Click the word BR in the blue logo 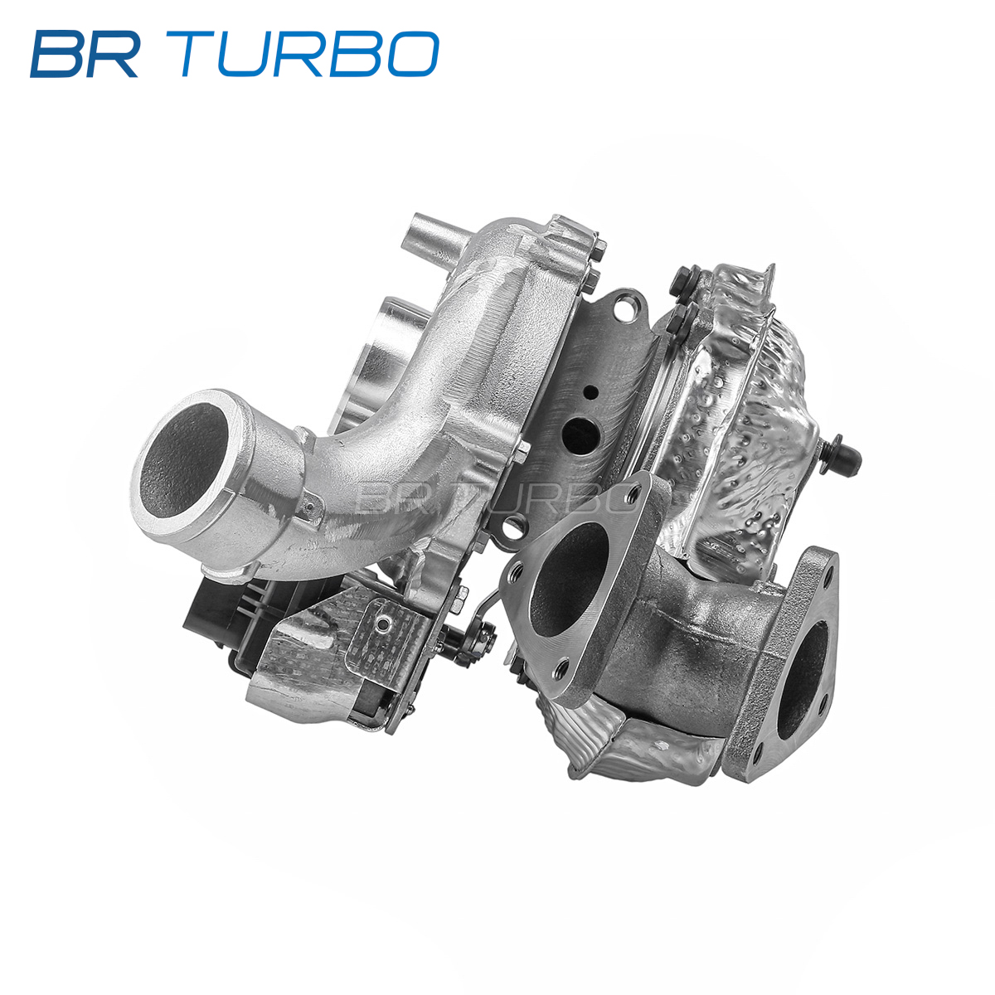coord(85,54)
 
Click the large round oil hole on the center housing coord(582,433)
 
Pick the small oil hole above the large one coord(590,392)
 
